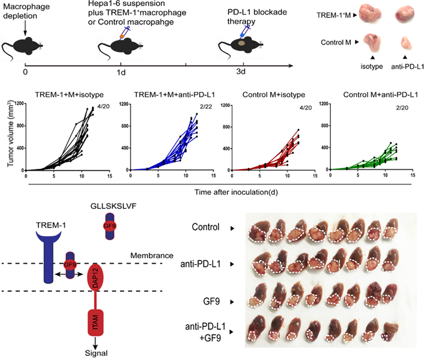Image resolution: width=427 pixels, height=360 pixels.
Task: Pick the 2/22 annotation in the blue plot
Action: [191, 107]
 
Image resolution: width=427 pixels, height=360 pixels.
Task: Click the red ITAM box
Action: [97, 323]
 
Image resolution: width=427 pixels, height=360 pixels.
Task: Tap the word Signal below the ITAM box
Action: [97, 353]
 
